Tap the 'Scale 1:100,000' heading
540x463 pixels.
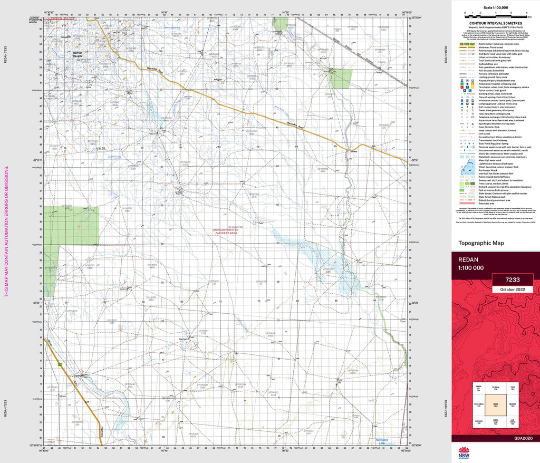(x=495, y=7)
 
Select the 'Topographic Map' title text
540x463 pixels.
(x=481, y=243)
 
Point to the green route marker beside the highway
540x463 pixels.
(x=60, y=364)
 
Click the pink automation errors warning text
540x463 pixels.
(x=6, y=231)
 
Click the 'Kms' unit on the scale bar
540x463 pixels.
(x=529, y=17)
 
